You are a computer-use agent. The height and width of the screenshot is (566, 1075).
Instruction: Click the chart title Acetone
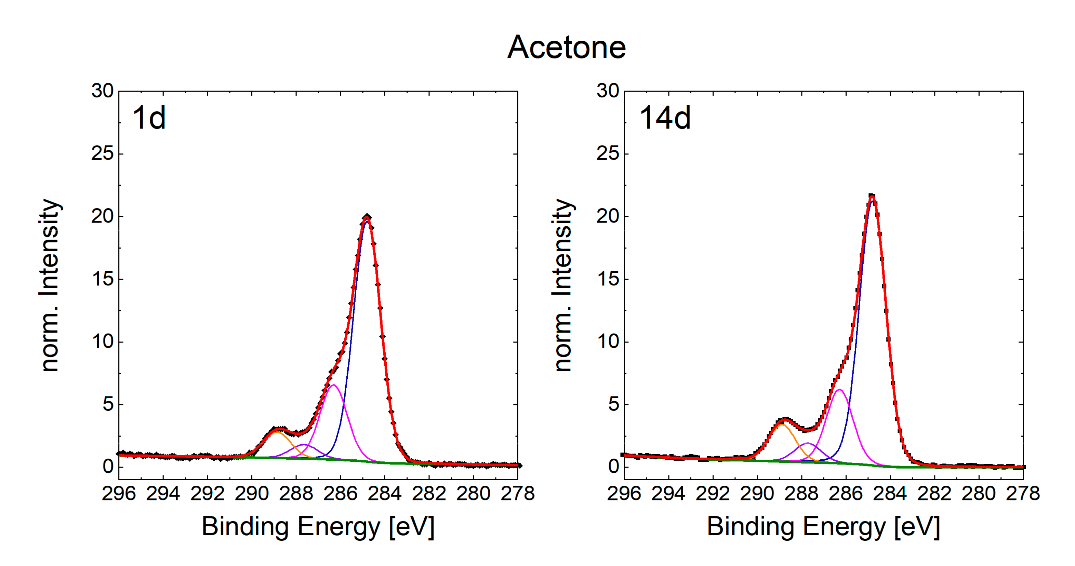(566, 48)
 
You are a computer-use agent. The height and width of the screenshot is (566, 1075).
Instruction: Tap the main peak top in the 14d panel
(872, 196)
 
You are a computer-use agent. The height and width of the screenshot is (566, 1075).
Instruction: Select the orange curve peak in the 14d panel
(782, 424)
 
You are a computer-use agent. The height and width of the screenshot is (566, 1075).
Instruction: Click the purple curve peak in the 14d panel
(808, 443)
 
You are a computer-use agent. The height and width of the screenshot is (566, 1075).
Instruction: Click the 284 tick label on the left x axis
(384, 494)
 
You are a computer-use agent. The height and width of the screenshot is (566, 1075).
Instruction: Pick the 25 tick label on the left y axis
(102, 154)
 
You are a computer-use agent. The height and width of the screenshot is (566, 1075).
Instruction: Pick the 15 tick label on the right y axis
(608, 279)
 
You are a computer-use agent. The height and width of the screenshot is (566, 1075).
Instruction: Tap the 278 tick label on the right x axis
(1022, 494)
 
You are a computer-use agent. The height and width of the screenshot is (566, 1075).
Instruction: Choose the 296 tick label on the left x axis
(119, 494)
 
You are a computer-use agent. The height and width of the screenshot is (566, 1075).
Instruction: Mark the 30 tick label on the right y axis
(608, 91)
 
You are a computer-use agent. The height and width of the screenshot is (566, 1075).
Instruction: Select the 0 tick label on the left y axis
(108, 466)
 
